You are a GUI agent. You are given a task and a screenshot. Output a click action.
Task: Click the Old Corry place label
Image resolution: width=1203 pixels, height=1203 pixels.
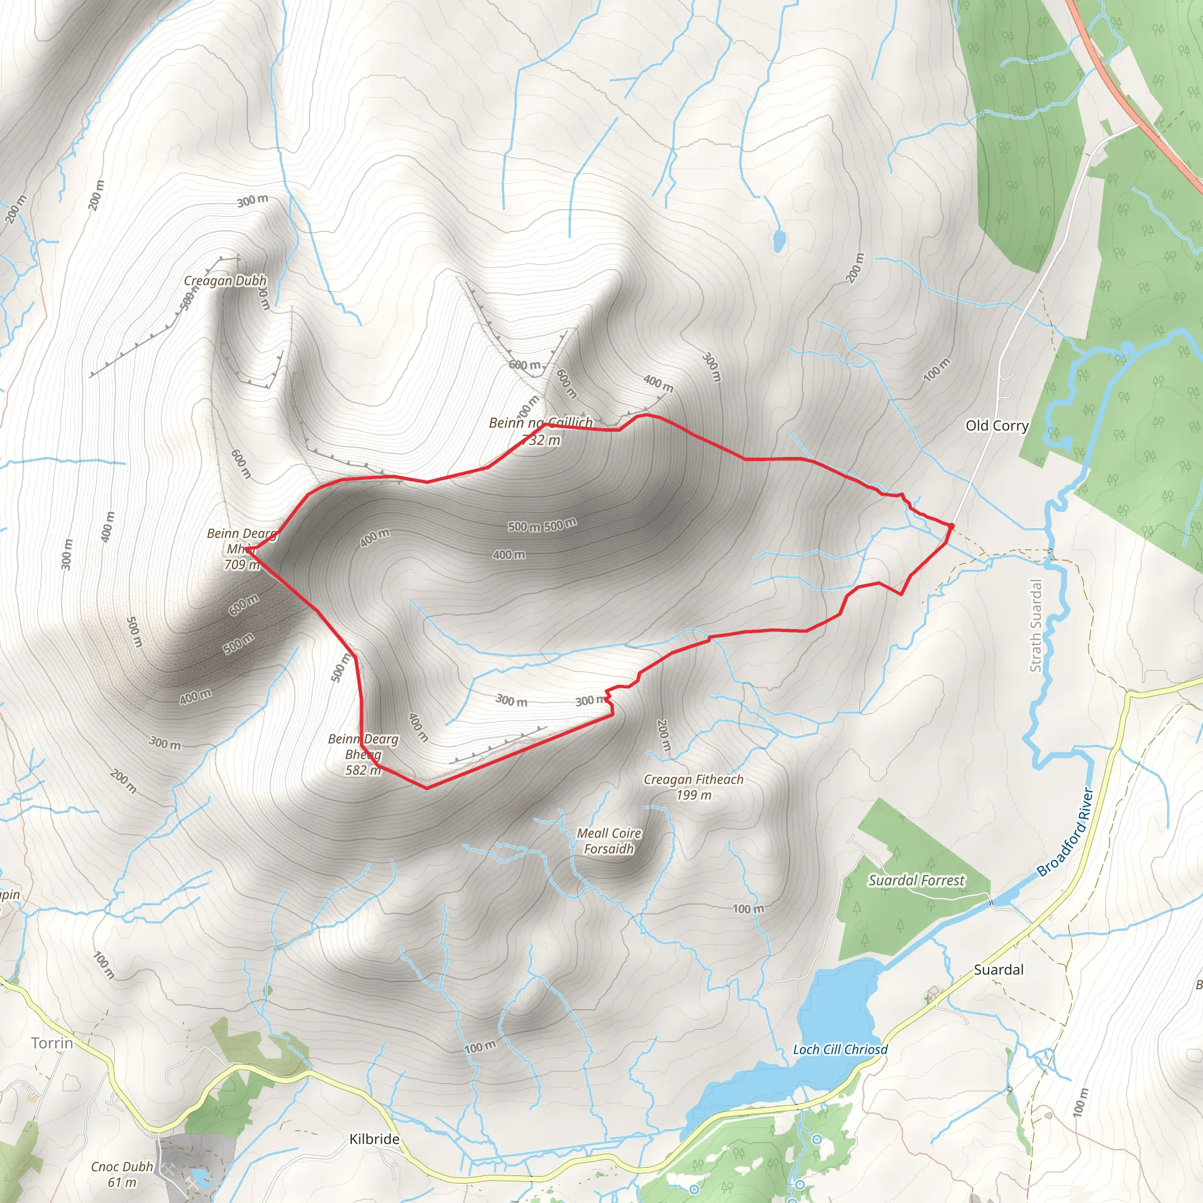tap(996, 426)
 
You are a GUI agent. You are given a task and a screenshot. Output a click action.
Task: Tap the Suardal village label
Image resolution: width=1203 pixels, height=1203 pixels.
tap(998, 969)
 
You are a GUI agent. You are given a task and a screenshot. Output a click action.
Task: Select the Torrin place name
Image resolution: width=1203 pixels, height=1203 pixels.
tap(52, 1043)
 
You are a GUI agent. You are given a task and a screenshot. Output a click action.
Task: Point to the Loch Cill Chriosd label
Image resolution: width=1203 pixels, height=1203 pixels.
tap(840, 1050)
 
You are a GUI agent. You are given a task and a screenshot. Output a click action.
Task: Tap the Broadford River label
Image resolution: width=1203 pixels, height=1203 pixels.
tap(1066, 832)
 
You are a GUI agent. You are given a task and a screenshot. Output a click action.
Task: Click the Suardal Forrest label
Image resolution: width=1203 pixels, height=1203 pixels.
tap(916, 881)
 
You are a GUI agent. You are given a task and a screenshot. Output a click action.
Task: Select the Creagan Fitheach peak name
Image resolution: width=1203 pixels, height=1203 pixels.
tap(693, 779)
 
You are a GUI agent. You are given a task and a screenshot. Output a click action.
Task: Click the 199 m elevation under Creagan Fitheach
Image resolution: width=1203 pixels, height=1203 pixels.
tap(693, 795)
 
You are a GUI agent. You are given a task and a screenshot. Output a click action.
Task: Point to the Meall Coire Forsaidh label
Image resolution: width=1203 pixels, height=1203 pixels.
tap(609, 841)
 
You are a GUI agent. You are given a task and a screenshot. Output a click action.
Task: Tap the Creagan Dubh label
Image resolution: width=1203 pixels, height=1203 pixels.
tap(225, 281)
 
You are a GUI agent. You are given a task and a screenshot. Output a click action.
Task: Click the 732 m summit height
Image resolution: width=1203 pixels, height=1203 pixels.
tap(541, 440)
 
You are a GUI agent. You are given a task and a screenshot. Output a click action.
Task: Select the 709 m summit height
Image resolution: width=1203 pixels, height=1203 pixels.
tap(241, 564)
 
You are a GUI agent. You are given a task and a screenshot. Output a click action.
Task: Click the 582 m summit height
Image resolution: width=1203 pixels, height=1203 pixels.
tap(363, 770)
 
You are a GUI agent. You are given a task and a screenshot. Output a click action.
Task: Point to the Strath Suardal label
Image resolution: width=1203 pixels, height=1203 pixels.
tap(1036, 625)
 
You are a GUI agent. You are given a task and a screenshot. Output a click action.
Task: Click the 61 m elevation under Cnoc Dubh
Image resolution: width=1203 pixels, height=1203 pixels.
tap(122, 1182)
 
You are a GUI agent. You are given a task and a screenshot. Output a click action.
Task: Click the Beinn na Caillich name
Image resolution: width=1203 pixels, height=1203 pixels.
tap(540, 423)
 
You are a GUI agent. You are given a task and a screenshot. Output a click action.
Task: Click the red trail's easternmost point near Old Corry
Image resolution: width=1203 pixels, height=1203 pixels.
tap(952, 527)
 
